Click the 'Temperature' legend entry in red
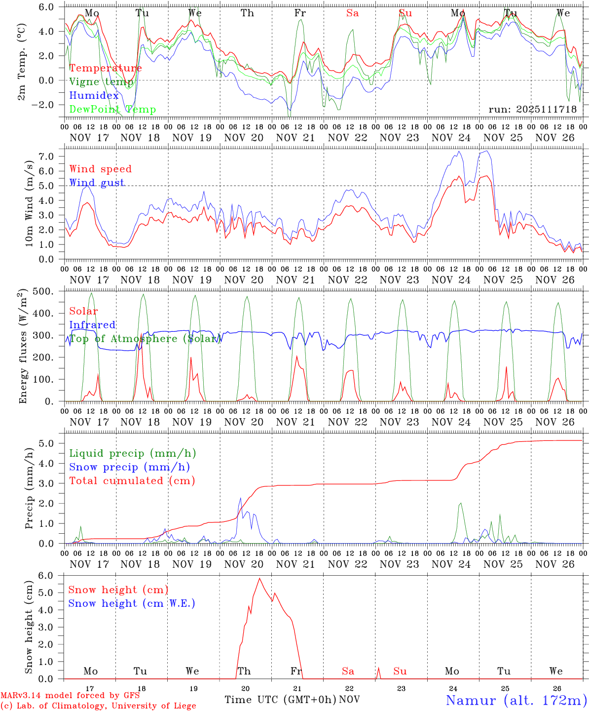click(106, 68)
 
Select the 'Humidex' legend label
click(94, 96)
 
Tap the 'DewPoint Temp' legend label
click(112, 110)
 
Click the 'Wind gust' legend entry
click(97, 183)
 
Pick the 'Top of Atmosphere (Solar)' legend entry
click(144, 339)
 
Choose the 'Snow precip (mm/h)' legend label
click(129, 467)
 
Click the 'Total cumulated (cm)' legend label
click(132, 481)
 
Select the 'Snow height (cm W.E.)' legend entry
click(132, 603)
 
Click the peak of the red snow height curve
click(259, 578)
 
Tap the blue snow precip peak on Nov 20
click(240, 498)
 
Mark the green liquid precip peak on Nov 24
click(460, 503)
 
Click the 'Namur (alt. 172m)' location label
click(516, 700)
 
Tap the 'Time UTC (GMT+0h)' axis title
click(281, 700)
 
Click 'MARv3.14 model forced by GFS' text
click(70, 695)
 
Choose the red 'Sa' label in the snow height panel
click(348, 671)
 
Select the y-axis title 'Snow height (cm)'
click(29, 626)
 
